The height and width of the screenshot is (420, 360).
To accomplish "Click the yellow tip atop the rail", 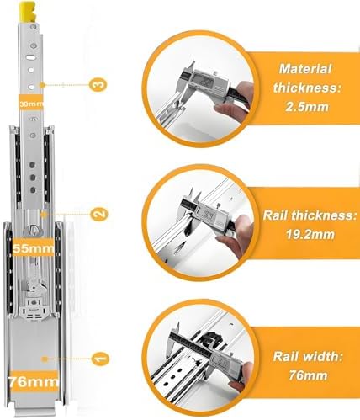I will click(x=31, y=11).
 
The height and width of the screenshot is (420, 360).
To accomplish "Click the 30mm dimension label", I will click(x=31, y=102).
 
